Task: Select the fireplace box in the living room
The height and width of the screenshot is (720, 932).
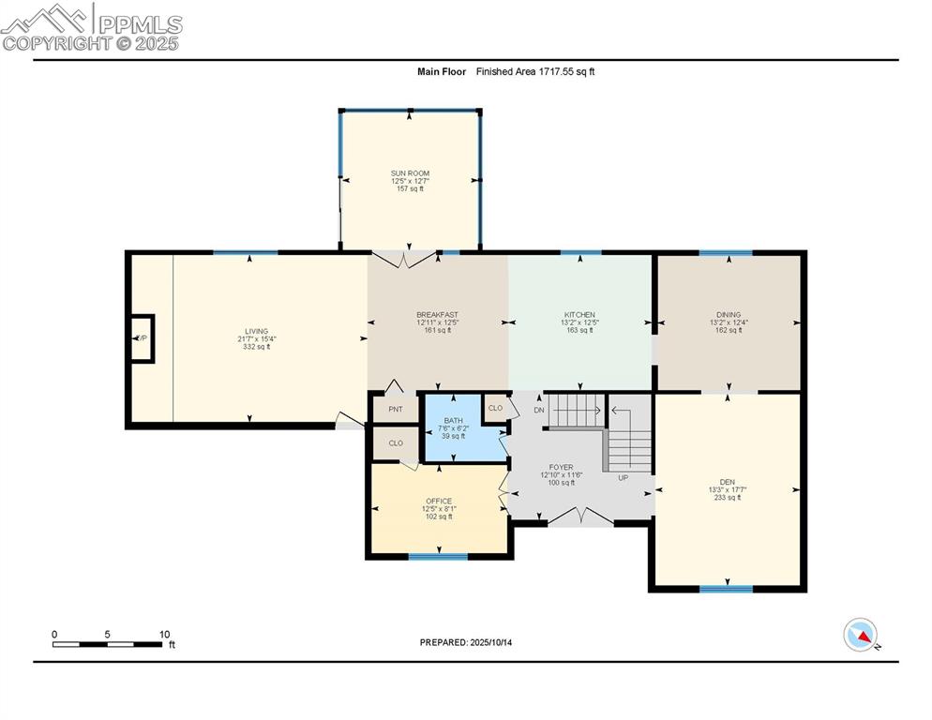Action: (143, 337)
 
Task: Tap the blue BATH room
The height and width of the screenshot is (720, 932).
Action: (453, 427)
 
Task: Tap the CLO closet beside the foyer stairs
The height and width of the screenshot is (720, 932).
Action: (495, 408)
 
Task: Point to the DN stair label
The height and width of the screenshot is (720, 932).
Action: (539, 410)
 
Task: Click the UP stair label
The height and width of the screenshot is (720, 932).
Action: (623, 477)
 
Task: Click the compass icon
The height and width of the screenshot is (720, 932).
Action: (860, 636)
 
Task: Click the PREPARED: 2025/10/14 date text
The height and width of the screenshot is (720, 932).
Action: (466, 642)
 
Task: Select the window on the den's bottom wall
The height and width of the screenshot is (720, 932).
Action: (726, 589)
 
